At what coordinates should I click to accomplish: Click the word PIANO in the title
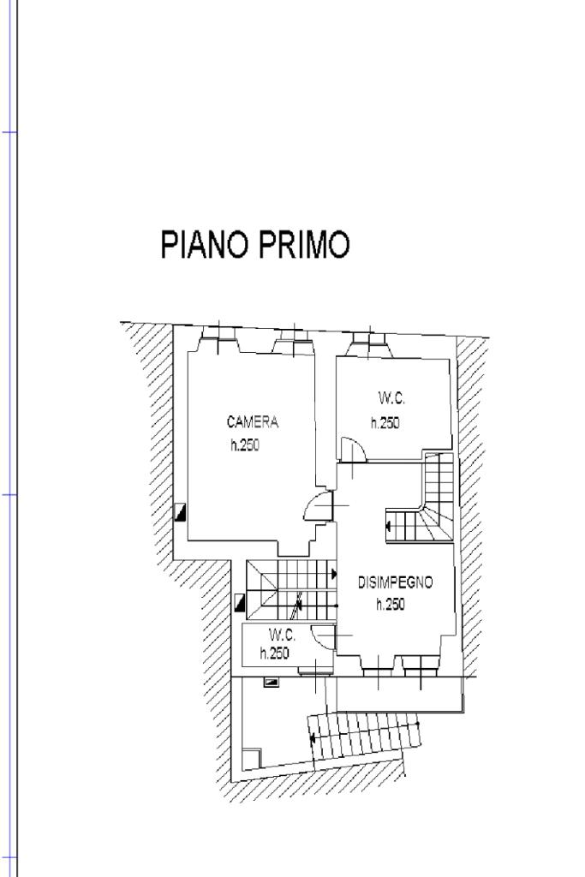coord(204,244)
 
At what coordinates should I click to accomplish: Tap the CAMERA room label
coord(252,421)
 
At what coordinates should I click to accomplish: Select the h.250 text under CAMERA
coord(245,445)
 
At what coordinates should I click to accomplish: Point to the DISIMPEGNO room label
coord(396,582)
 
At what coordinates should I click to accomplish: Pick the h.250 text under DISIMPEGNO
coord(391,604)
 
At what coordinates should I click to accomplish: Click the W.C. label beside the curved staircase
coord(391,398)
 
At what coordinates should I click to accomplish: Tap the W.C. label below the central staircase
coord(282,635)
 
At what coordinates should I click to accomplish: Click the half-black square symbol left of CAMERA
coord(180,512)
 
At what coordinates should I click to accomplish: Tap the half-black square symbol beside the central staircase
coord(241,603)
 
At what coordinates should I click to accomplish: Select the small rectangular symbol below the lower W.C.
coord(272,682)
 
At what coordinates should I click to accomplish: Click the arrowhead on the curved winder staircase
coord(388,527)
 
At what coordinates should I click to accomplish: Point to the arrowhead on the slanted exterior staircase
coord(313,739)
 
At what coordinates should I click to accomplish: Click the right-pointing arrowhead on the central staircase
coord(334,574)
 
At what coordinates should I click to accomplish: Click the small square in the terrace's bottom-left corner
coord(252,759)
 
